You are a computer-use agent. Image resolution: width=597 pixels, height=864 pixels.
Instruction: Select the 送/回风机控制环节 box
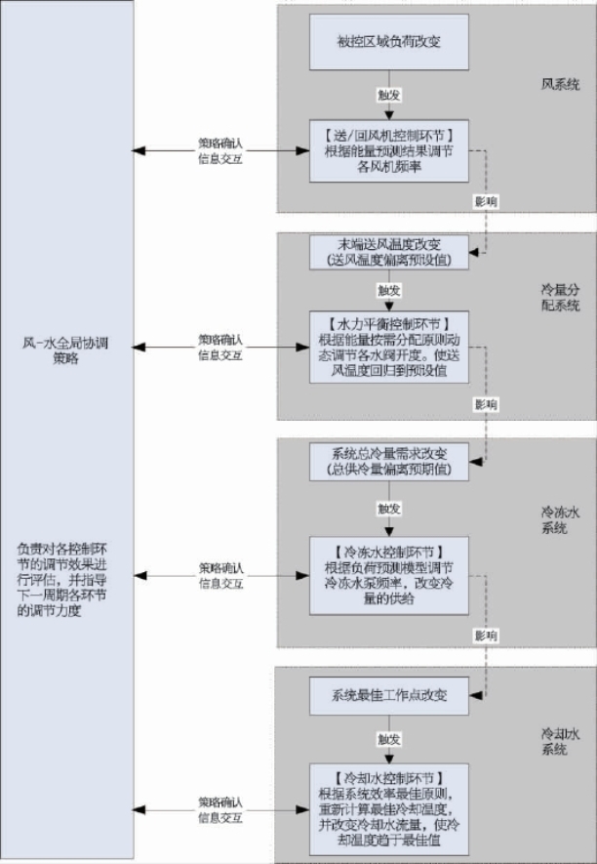click(x=389, y=149)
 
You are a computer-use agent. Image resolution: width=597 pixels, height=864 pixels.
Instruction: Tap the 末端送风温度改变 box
click(x=389, y=252)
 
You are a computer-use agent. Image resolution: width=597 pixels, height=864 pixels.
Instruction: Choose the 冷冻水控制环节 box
click(x=389, y=574)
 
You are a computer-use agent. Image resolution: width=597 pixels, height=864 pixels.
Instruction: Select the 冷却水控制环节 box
click(x=389, y=808)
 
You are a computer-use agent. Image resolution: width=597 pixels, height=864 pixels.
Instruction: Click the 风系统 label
click(x=560, y=84)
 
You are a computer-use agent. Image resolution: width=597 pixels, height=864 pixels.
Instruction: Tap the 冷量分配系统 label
click(x=560, y=298)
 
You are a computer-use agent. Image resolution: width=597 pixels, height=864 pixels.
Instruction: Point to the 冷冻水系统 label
click(x=560, y=519)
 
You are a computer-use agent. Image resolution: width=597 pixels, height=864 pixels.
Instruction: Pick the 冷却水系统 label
click(x=560, y=739)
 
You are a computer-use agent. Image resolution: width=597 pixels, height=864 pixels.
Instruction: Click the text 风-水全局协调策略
click(x=65, y=350)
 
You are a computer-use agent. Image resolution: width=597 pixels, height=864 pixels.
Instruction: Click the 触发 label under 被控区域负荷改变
click(x=389, y=95)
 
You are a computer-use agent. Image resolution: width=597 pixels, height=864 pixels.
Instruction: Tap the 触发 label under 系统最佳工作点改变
click(x=389, y=739)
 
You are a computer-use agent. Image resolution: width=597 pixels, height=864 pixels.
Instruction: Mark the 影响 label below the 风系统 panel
click(x=485, y=200)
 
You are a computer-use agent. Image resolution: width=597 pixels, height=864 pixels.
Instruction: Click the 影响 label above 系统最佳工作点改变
click(x=485, y=636)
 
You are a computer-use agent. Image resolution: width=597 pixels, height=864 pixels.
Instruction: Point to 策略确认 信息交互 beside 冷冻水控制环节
click(x=221, y=575)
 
